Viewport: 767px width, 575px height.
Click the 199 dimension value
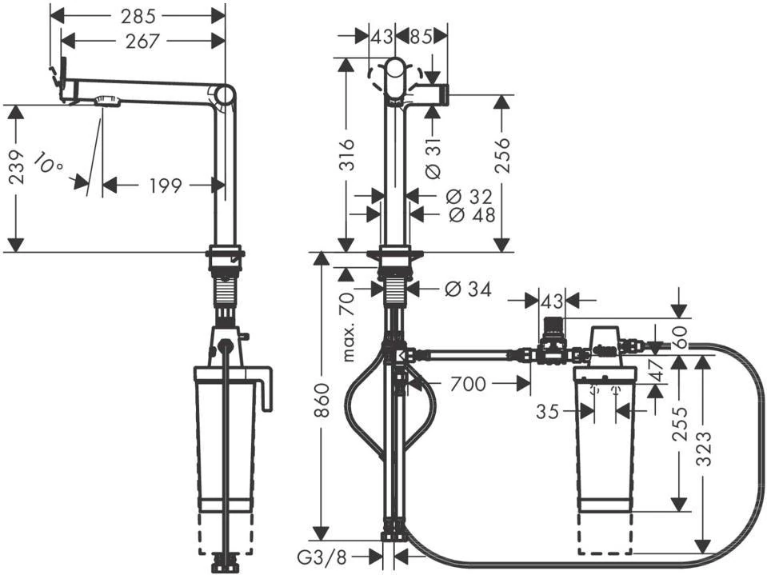(x=166, y=186)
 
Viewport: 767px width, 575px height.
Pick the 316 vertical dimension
(x=346, y=155)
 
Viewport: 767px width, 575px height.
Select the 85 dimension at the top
(x=421, y=36)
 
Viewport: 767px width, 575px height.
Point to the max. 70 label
(x=348, y=326)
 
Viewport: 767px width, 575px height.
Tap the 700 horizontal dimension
(x=468, y=385)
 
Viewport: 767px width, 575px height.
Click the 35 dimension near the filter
(x=547, y=411)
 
